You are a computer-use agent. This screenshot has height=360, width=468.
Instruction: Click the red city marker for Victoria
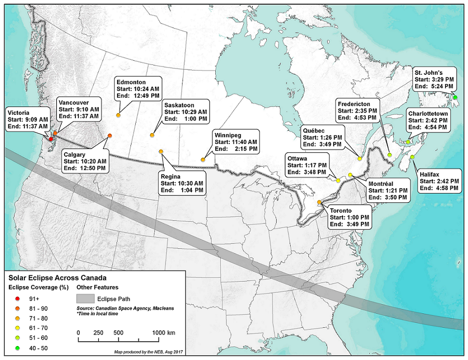tap(51, 139)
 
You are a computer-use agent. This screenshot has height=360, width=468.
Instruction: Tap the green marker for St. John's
tap(455, 97)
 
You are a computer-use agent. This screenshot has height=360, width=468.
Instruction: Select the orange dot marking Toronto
tap(319, 203)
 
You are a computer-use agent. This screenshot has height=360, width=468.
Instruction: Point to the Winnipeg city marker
tap(203, 160)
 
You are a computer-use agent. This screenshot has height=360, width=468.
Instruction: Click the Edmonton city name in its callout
tap(131, 82)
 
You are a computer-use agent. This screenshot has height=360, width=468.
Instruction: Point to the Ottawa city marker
tap(339, 180)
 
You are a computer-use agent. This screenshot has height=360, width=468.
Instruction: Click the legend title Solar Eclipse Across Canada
tap(57, 278)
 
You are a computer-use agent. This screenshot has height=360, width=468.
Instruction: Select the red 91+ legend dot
tap(18, 298)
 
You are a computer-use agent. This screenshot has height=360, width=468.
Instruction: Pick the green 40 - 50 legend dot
tap(18, 348)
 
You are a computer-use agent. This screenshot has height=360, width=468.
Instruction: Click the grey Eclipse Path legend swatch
tap(86, 299)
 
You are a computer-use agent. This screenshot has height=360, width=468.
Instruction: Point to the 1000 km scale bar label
tap(163, 332)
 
